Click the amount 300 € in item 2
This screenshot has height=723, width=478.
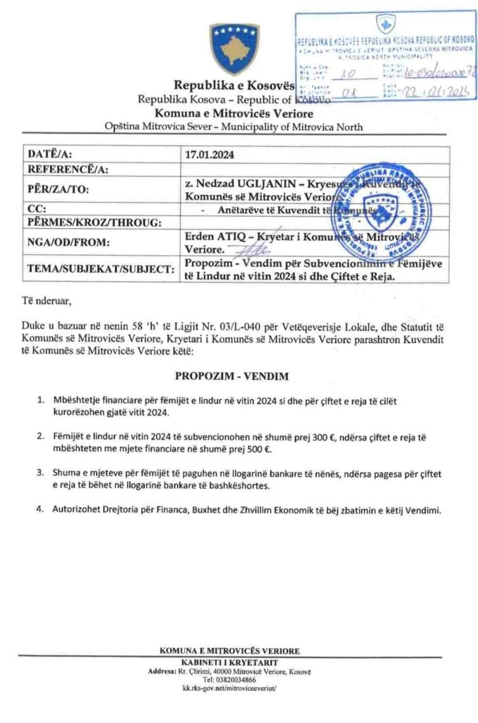318,438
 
